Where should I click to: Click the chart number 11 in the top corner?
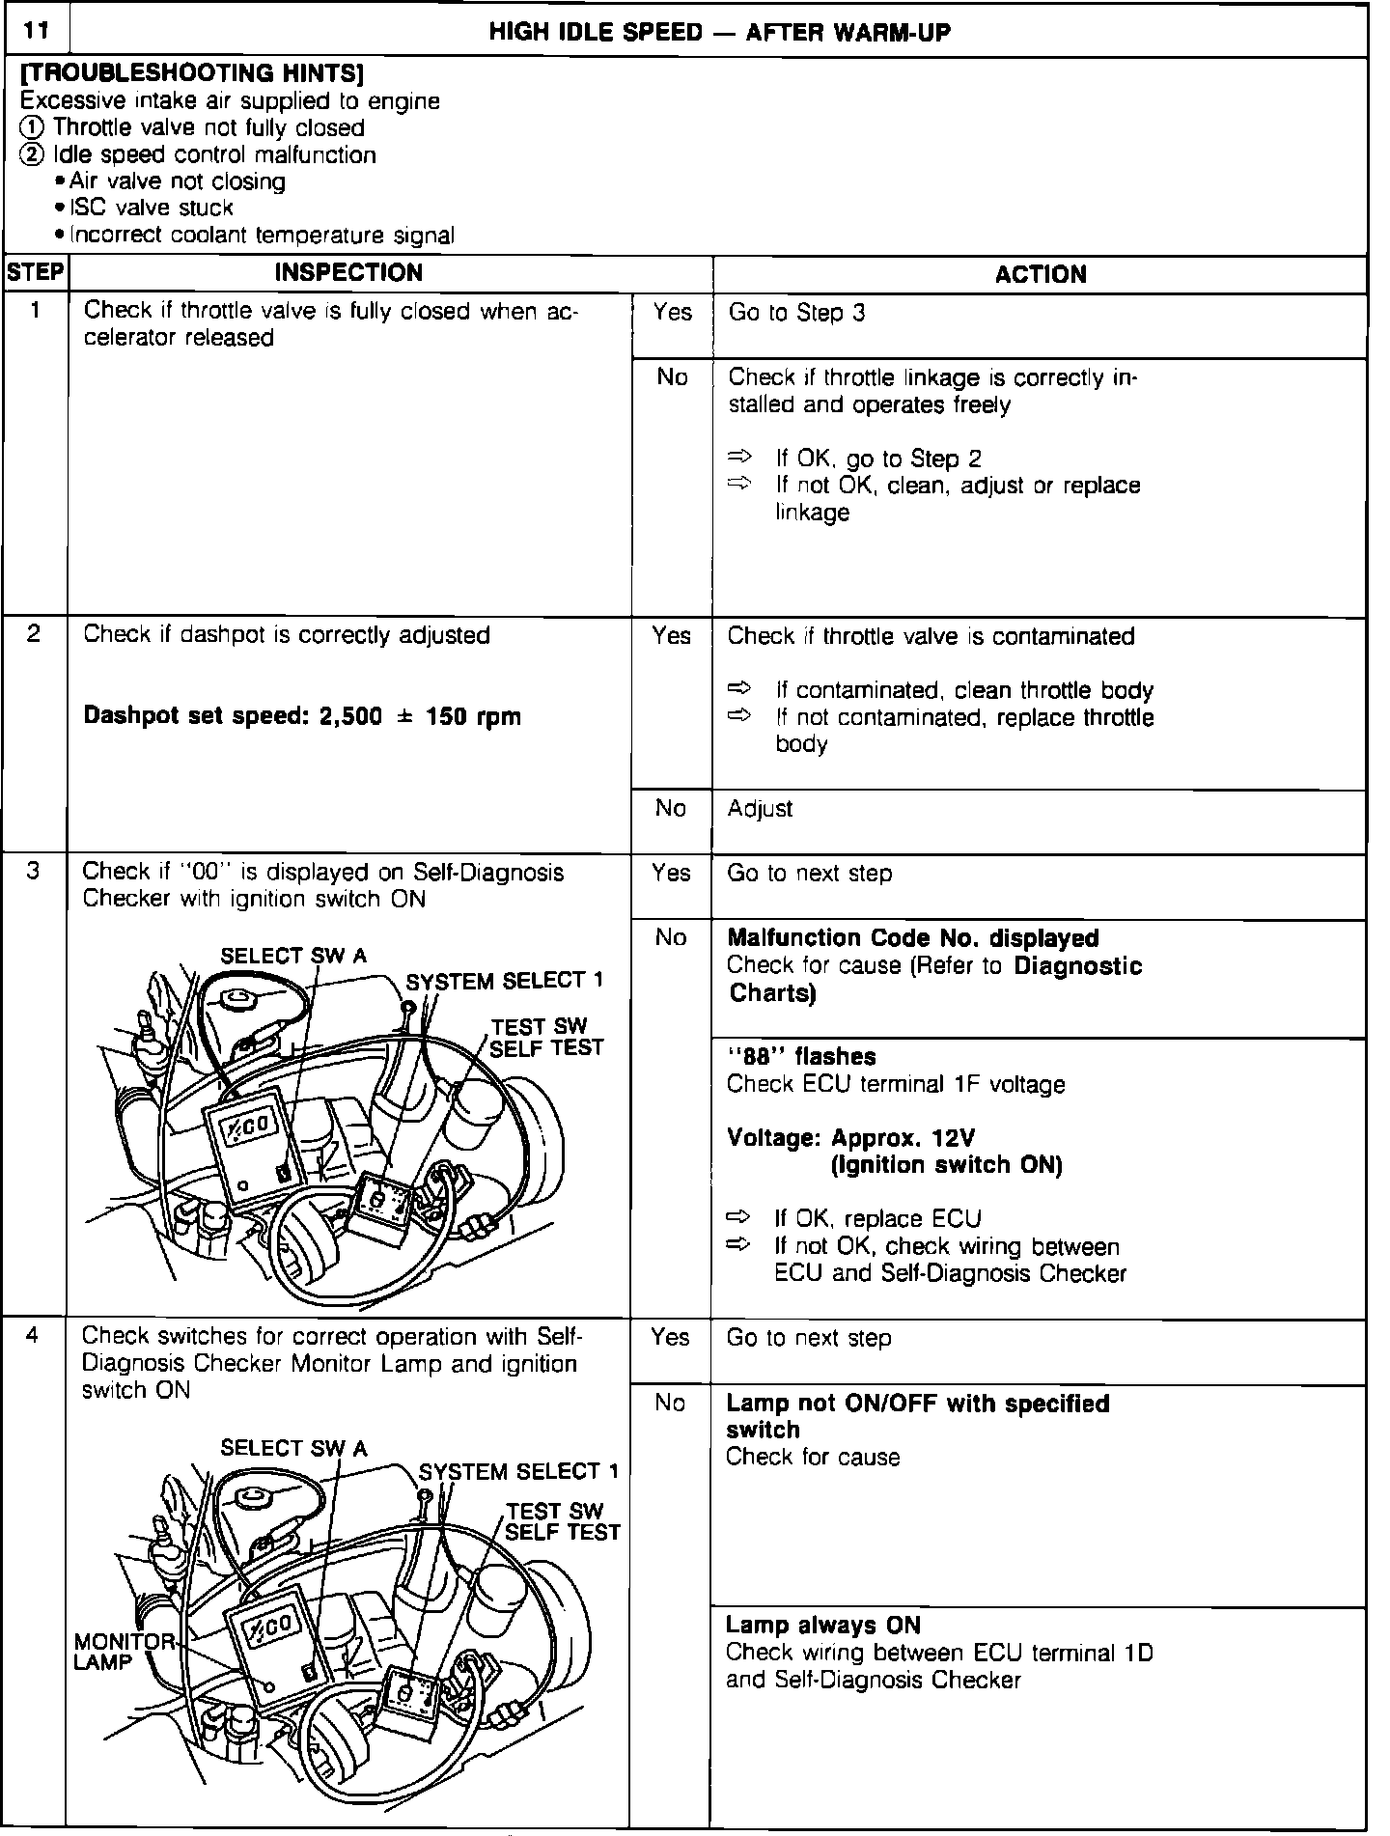point(36,31)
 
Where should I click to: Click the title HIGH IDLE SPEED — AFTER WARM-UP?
point(719,33)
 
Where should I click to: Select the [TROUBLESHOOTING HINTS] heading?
point(191,73)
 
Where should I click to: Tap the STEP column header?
point(35,273)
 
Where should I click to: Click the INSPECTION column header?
point(348,273)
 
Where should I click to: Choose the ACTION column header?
point(1040,274)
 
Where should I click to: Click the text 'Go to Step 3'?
point(796,313)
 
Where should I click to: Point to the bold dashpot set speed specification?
point(302,716)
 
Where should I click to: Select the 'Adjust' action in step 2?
point(760,808)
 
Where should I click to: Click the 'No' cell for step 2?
point(670,808)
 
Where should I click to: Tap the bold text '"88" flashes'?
point(801,1057)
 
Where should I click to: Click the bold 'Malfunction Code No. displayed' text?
point(912,938)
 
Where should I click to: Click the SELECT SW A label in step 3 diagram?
point(293,956)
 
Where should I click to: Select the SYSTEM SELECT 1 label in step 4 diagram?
point(518,1471)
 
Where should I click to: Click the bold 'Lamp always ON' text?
point(822,1625)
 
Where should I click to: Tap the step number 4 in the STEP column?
point(34,1336)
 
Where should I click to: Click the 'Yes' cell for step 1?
point(672,312)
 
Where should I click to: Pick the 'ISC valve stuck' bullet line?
point(152,208)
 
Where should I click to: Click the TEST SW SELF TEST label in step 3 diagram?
point(546,1037)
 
